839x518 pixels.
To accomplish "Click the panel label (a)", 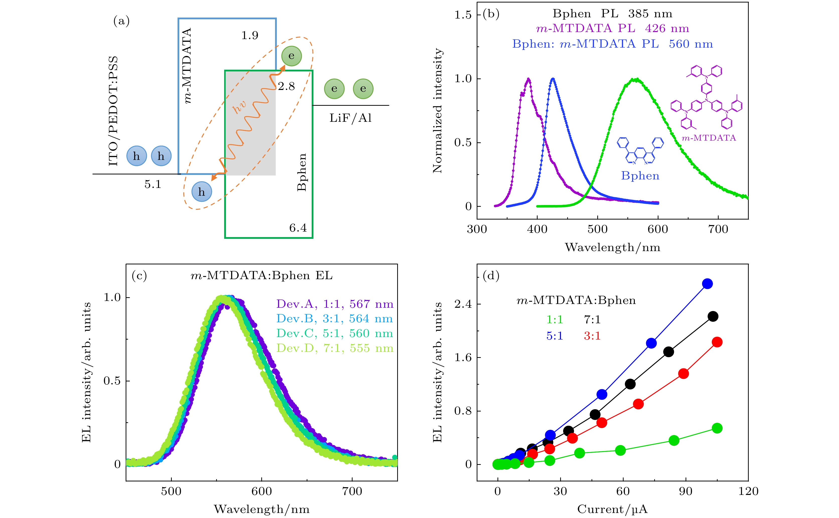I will pyautogui.click(x=121, y=21).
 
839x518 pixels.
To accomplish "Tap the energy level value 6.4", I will pyautogui.click(x=298, y=228).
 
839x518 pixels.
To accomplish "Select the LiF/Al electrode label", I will pyautogui.click(x=351, y=118).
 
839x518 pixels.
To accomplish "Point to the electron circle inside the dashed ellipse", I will pyautogui.click(x=291, y=56).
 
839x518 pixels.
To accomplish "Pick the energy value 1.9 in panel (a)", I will pyautogui.click(x=249, y=35).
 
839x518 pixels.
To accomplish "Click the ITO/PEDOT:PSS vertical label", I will pyautogui.click(x=113, y=111).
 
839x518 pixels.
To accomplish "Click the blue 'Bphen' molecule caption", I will pyautogui.click(x=640, y=176).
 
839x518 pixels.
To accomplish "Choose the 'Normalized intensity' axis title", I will pyautogui.click(x=437, y=110).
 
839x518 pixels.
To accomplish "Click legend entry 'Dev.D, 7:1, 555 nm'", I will pyautogui.click(x=335, y=348).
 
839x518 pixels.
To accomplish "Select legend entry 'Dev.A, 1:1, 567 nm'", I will pyautogui.click(x=335, y=304).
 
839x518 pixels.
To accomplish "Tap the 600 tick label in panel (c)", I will pyautogui.click(x=262, y=491).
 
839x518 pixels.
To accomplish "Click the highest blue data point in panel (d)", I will pyautogui.click(x=707, y=284).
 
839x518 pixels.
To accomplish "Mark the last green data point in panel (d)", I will pyautogui.click(x=717, y=428).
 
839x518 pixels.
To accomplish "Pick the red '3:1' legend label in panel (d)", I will pyautogui.click(x=592, y=336).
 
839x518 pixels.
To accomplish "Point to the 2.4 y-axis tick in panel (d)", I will pyautogui.click(x=463, y=304).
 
